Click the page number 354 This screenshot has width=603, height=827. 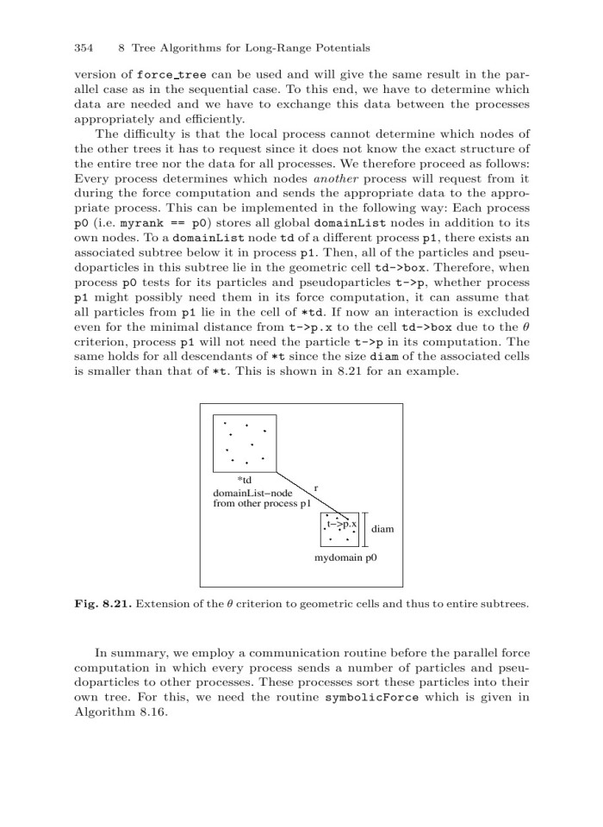pyautogui.click(x=84, y=47)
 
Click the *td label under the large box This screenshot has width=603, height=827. pyautogui.click(x=244, y=479)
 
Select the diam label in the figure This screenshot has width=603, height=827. pyautogui.click(x=382, y=528)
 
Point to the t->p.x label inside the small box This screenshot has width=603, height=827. pyautogui.click(x=342, y=523)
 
